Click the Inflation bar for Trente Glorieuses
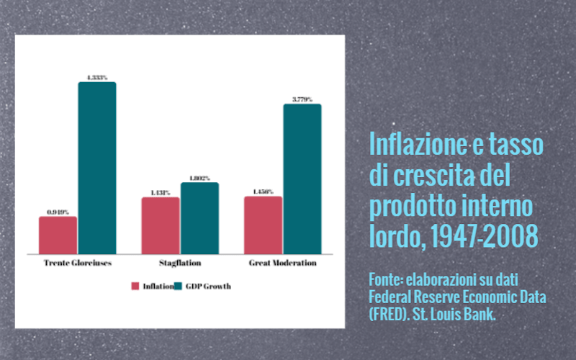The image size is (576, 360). tap(58, 235)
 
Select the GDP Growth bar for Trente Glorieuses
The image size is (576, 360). tap(97, 168)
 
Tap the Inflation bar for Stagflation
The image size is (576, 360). tap(161, 225)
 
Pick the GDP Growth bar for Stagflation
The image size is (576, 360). tap(199, 218)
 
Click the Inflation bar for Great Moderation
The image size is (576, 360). tap(263, 225)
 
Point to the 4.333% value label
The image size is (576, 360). tap(97, 77)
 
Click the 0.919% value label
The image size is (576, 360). tap(58, 212)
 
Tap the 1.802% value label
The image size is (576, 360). tap(199, 178)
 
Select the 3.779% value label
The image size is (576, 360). tap(302, 99)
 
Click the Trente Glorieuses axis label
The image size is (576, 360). tap(78, 263)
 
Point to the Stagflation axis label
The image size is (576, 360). tap(180, 263)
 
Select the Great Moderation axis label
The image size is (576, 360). tap(283, 263)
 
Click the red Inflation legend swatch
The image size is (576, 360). tap(135, 286)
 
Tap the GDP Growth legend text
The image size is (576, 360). tap(210, 286)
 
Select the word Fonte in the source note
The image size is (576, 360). tap(387, 278)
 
